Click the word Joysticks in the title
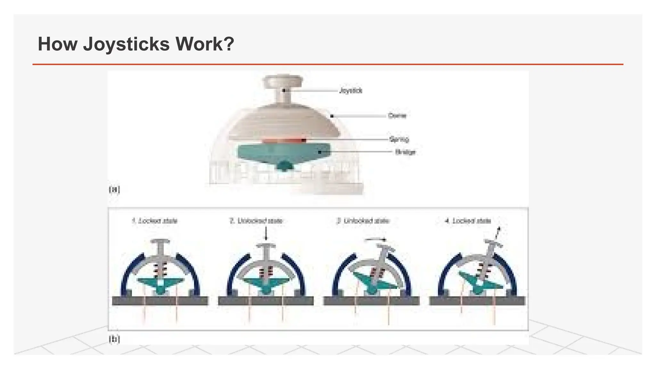click(126, 44)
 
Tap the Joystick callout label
click(351, 91)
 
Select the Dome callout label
click(397, 116)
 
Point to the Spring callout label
click(399, 139)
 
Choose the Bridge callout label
click(405, 152)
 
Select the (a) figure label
click(114, 189)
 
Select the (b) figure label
click(114, 339)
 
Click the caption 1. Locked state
click(154, 221)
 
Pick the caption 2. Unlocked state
click(256, 221)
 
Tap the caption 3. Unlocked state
click(363, 221)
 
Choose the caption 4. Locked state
click(468, 221)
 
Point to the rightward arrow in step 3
click(376, 239)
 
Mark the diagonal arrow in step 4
click(497, 233)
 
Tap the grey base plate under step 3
click(371, 301)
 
